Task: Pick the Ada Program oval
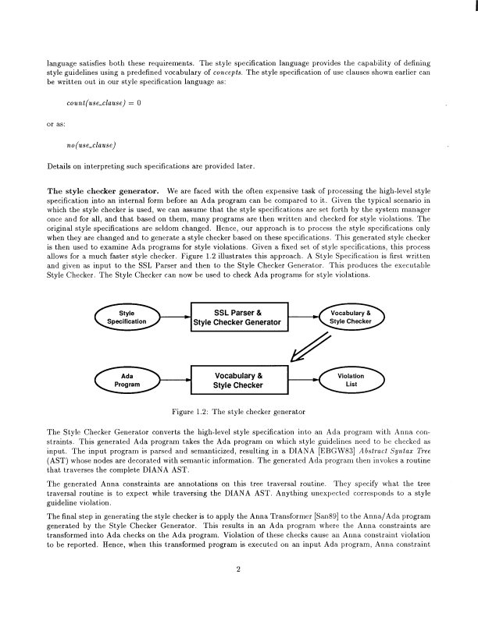pyautogui.click(x=127, y=379)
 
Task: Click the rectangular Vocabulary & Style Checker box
pyautogui.click(x=241, y=379)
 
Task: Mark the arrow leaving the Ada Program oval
pyautogui.click(x=175, y=379)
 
